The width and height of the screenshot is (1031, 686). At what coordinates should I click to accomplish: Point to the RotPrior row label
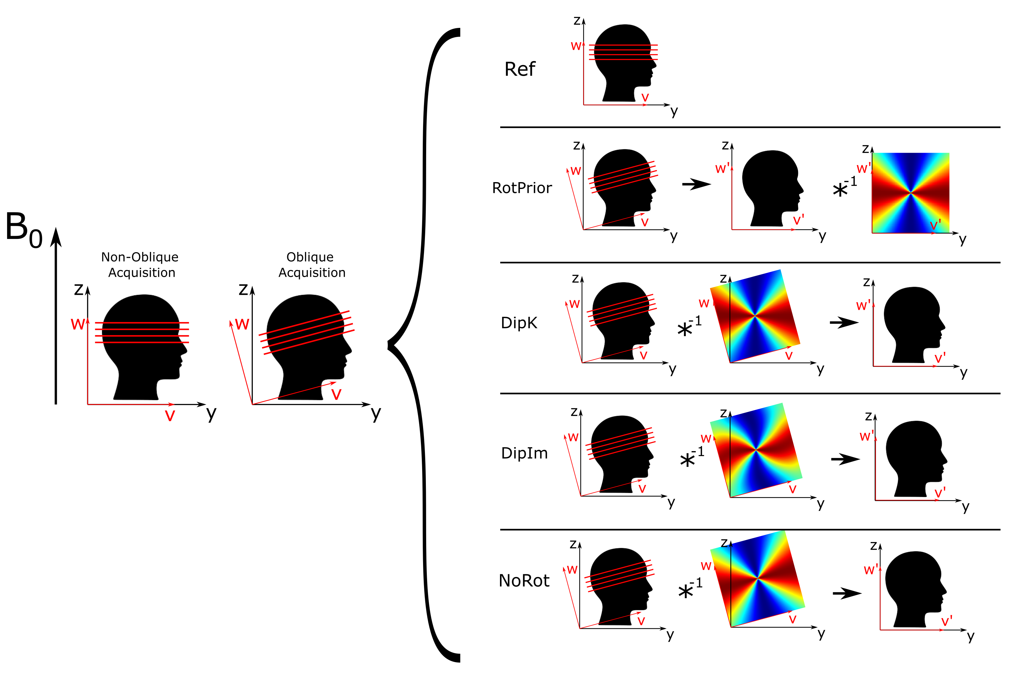[x=522, y=188]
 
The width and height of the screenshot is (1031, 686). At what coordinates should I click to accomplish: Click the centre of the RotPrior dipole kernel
[x=910, y=192]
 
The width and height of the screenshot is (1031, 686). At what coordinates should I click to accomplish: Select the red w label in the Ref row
[x=576, y=46]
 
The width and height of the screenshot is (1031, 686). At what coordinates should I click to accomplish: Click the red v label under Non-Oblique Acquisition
[x=170, y=415]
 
